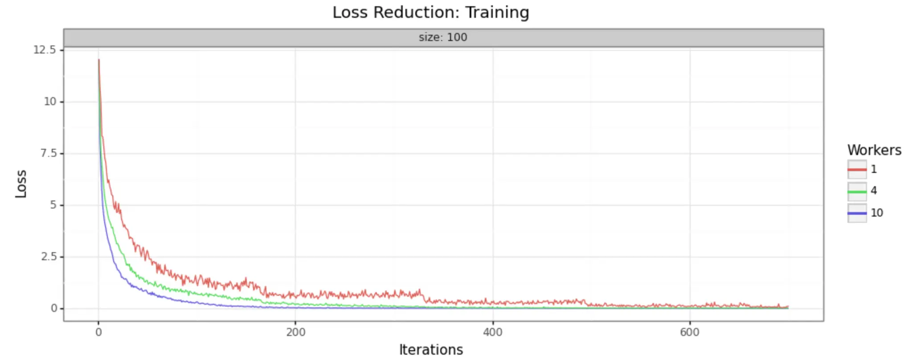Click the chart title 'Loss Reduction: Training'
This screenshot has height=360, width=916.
coord(430,12)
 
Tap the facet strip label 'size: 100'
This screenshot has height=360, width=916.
coord(443,37)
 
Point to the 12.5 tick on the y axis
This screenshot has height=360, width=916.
coord(45,50)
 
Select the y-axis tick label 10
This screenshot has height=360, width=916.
coord(50,102)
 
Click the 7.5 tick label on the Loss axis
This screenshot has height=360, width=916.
coord(48,153)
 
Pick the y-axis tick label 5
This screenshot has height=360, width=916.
coord(53,205)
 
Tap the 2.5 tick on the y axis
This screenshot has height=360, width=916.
coord(48,257)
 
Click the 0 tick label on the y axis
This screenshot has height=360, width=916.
coord(54,308)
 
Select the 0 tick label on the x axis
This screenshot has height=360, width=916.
coord(98,332)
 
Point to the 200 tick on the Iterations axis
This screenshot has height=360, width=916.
coord(296,332)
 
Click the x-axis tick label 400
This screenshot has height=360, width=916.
coord(493,332)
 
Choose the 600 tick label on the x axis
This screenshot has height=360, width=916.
coord(690,332)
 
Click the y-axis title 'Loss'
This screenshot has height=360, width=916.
coord(21,184)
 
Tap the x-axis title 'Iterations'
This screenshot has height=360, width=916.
coord(431,350)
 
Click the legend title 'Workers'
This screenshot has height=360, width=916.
coord(874,151)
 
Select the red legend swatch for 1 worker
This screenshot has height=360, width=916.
coord(857,170)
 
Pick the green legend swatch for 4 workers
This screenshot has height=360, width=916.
coord(857,192)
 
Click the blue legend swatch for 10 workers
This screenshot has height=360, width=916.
coord(857,213)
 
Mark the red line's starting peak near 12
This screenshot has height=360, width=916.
coord(98,60)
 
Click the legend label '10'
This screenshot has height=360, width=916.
coord(877,213)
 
